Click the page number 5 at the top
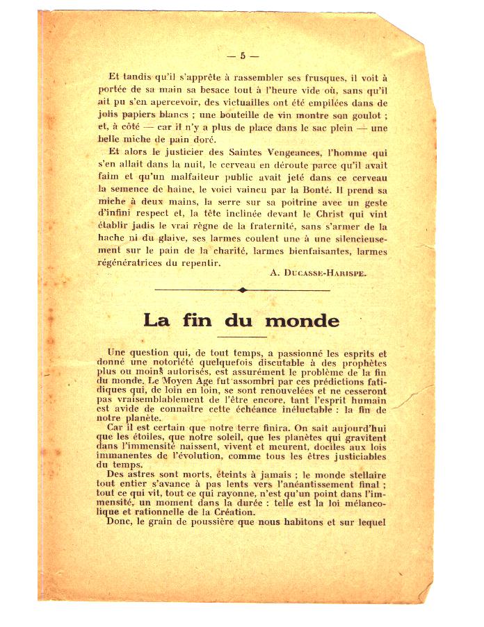(243, 56)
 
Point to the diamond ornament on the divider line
(242, 290)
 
